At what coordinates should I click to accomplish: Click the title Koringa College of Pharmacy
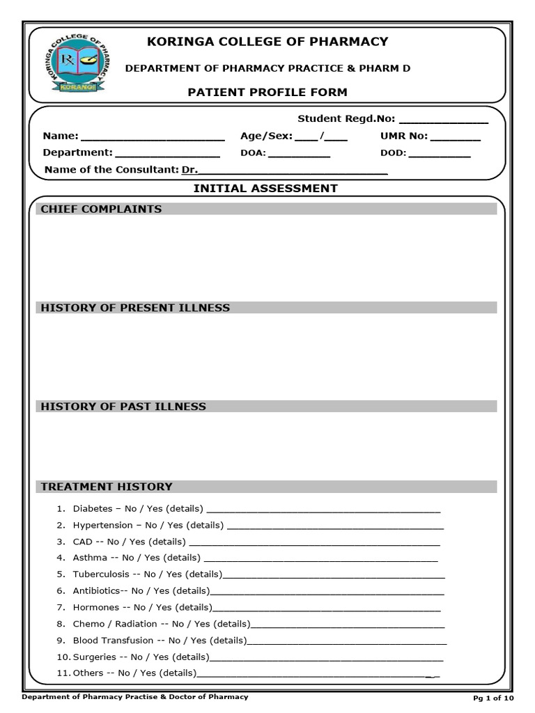pos(267,42)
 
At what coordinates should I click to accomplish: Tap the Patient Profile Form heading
pos(267,93)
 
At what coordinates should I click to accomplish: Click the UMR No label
pos(403,136)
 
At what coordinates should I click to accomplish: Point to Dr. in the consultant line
pos(189,169)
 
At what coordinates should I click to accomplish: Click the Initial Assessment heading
pos(265,188)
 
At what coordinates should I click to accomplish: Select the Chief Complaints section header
pos(101,209)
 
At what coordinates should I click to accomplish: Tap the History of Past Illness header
pos(123,407)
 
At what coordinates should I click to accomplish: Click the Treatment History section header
pos(107,487)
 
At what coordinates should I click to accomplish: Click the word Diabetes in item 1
pos(92,509)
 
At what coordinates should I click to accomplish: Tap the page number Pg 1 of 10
pos(493,698)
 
